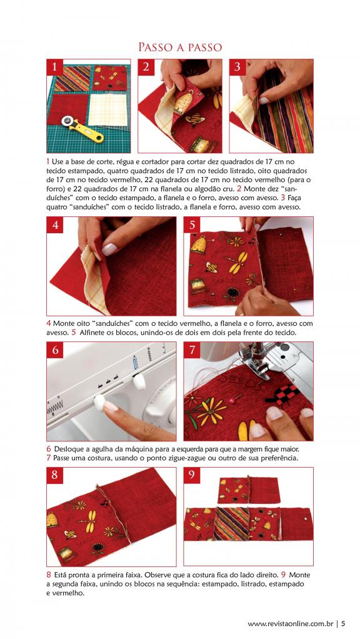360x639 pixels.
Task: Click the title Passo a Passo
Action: point(180,48)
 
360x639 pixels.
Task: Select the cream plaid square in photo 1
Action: point(108,110)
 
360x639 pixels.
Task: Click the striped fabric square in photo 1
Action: point(72,79)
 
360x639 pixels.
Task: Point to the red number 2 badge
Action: point(146,68)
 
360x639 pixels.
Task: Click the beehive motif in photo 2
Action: point(184,102)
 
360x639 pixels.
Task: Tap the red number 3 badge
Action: point(237,68)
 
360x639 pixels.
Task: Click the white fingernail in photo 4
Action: point(109,249)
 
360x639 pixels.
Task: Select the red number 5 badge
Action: point(192,224)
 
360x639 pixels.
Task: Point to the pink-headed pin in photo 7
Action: point(232,401)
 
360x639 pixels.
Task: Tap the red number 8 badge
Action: point(55,476)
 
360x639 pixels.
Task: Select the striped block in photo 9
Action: point(231,524)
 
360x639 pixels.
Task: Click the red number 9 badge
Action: point(192,476)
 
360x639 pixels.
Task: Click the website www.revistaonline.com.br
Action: point(291,623)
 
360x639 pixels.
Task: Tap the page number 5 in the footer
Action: point(343,623)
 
